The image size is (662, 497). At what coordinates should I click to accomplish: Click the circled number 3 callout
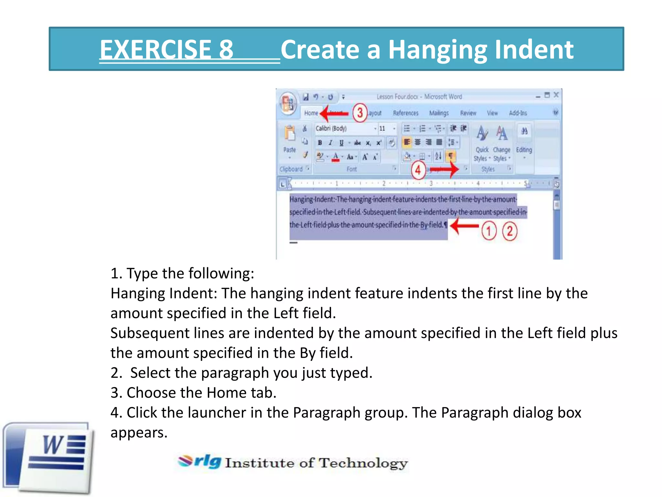(x=359, y=113)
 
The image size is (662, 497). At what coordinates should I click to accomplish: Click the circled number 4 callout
(x=418, y=170)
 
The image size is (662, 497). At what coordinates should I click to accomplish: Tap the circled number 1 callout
(x=489, y=231)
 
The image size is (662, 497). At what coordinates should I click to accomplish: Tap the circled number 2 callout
(x=510, y=231)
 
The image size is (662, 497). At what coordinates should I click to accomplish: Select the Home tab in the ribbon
(x=311, y=113)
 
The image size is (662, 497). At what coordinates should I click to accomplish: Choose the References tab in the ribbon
(x=406, y=113)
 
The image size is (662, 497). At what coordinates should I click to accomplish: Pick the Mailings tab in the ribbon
(x=439, y=113)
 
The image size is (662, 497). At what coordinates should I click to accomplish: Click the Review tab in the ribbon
(x=468, y=113)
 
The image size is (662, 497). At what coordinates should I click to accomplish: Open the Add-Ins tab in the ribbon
(x=518, y=113)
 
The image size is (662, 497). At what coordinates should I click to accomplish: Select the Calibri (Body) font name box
(x=344, y=128)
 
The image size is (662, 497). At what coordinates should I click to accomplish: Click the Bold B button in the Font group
(x=320, y=143)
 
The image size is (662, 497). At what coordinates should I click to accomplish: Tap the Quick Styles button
(x=482, y=142)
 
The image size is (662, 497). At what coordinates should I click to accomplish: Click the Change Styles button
(x=501, y=142)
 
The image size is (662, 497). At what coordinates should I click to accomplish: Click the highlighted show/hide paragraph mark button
(x=450, y=157)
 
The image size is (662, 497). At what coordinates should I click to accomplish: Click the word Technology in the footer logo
(x=363, y=463)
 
